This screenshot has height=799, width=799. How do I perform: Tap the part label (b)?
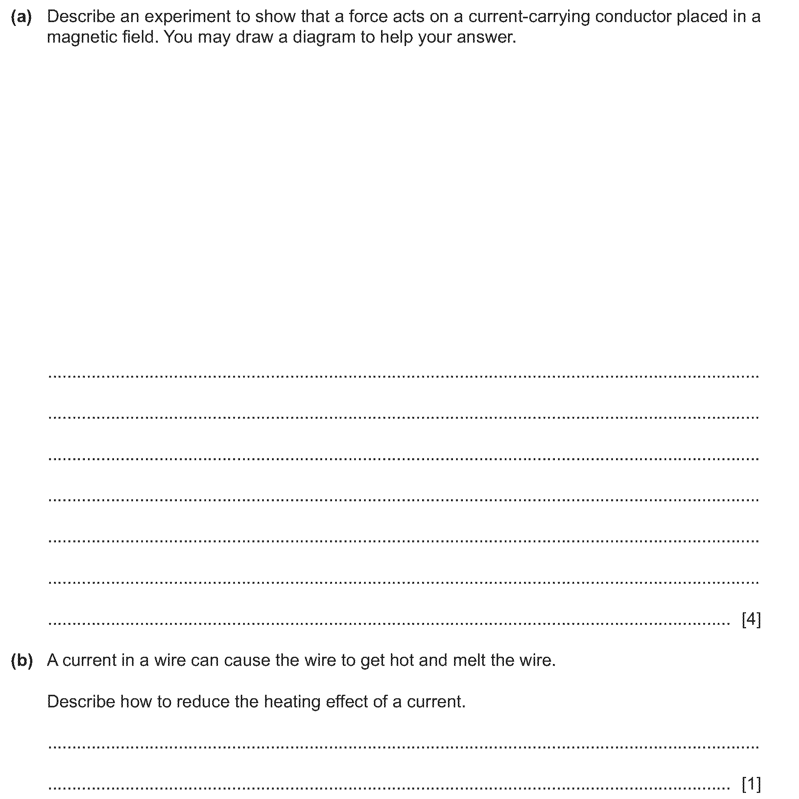22,661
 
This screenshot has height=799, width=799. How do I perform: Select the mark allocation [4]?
751,619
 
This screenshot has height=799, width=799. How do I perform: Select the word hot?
402,661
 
